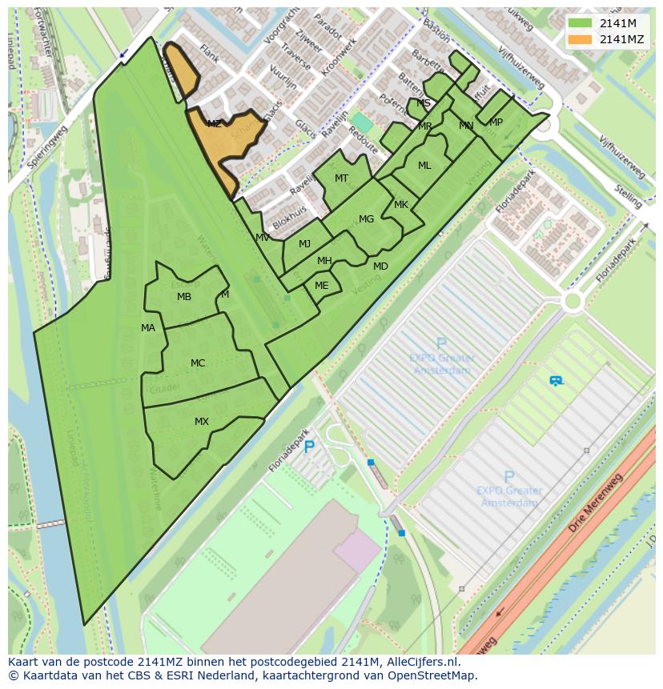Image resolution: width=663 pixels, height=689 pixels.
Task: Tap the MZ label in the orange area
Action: (x=214, y=124)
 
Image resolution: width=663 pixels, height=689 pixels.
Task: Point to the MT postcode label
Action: (x=341, y=178)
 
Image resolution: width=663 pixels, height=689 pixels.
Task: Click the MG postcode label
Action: (x=366, y=219)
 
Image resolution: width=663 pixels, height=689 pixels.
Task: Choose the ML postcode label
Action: (x=424, y=166)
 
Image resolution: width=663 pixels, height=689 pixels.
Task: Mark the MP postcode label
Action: (x=496, y=122)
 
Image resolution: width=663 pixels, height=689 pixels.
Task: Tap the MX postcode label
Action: (x=201, y=422)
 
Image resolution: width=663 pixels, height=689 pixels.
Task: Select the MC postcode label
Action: (x=198, y=363)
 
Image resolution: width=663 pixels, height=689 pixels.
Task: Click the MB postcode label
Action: (x=184, y=297)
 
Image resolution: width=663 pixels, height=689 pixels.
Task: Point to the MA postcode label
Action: (x=148, y=328)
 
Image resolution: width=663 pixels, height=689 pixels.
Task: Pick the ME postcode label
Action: (x=321, y=286)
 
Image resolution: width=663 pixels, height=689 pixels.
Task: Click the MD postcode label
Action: (x=380, y=266)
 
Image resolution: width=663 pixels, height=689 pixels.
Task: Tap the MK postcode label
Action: (x=401, y=205)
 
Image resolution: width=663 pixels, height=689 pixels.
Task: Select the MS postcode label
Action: (x=424, y=103)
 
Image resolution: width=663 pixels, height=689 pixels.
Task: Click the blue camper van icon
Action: (x=556, y=381)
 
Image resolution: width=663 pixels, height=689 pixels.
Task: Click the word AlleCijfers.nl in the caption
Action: (x=419, y=662)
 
